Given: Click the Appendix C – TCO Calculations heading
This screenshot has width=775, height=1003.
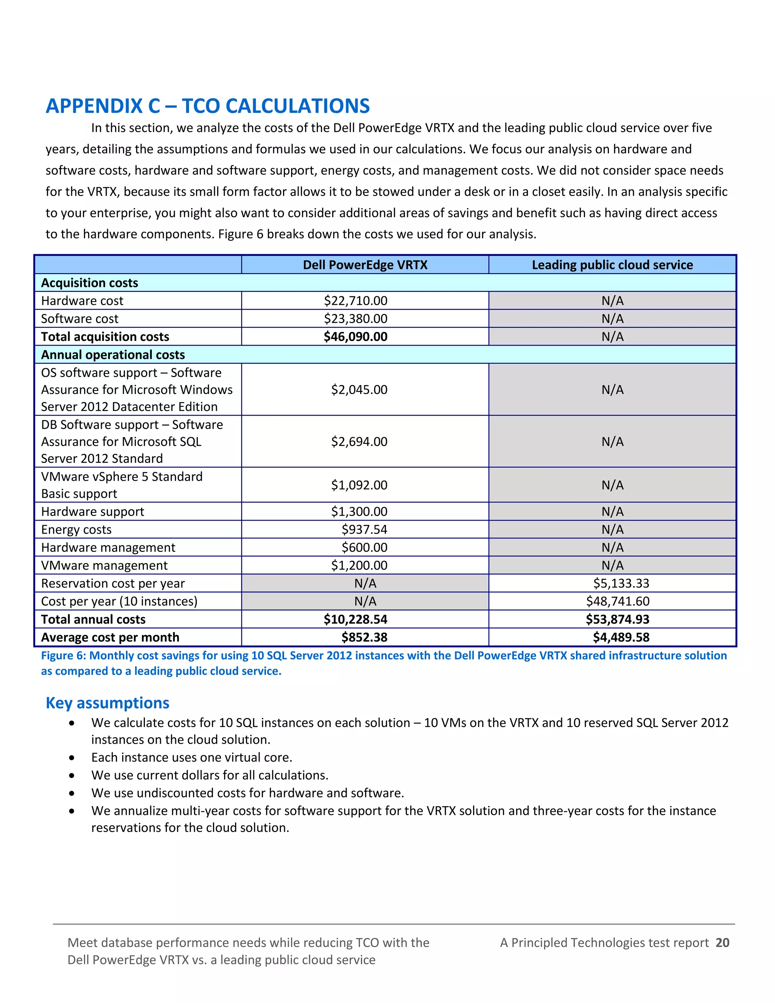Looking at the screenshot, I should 207,106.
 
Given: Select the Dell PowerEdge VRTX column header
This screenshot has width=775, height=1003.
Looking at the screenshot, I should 365,265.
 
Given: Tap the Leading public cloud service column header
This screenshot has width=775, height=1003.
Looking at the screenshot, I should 612,265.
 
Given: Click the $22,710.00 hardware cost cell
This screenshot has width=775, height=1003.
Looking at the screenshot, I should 355,301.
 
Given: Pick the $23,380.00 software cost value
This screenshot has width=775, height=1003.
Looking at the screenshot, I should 355,319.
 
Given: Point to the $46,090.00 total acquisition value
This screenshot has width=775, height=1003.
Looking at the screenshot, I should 355,336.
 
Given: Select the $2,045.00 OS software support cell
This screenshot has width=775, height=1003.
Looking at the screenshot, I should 359,389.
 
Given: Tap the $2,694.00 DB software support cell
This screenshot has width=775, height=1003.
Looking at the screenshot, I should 359,441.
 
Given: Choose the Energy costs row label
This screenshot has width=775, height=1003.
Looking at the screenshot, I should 76,530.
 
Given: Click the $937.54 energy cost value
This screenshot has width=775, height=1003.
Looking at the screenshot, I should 364,530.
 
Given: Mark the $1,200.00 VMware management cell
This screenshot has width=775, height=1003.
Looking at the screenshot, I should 359,565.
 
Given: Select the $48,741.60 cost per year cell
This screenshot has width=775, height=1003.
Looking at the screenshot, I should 618,601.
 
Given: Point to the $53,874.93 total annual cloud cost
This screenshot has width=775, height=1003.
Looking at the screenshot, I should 618,620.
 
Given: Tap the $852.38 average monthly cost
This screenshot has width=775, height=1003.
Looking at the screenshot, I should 364,637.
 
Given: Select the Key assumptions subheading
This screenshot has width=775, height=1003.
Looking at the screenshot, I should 107,702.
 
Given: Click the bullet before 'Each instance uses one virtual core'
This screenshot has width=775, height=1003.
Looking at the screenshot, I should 72,758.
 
